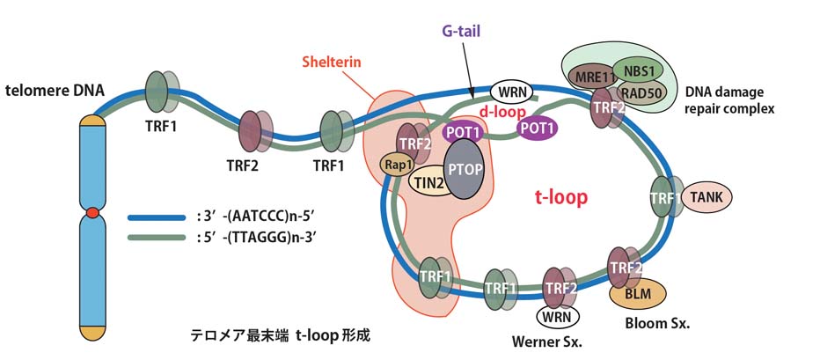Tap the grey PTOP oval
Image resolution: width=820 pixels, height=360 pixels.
point(464,167)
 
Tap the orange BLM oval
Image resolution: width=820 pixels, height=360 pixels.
point(637,294)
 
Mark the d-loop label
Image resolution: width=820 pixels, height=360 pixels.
point(502,113)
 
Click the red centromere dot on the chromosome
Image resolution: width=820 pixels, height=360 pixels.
point(92,213)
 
